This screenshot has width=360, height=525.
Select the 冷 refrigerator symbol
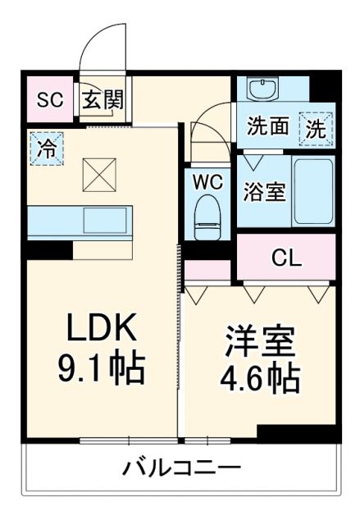[48, 149]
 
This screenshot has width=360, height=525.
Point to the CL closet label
[286, 258]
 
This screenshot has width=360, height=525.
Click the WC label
[208, 183]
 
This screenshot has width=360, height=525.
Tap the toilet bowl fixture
[208, 217]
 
